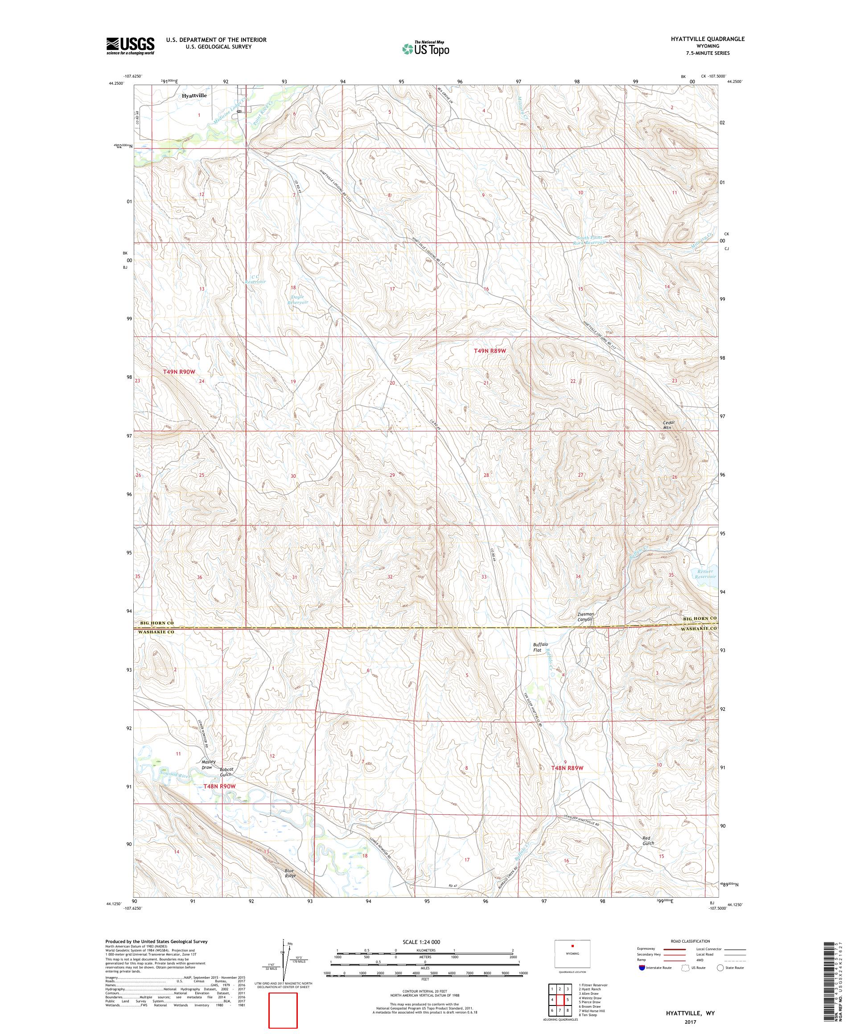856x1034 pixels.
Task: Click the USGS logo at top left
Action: click(130, 46)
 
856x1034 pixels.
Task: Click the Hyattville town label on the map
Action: click(193, 95)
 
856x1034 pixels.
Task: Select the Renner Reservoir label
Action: click(704, 574)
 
